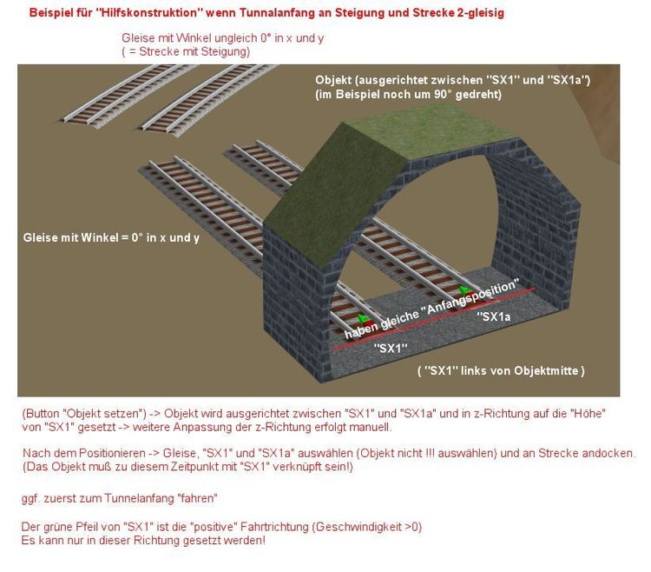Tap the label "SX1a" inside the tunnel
(x=494, y=316)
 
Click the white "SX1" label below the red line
(x=391, y=348)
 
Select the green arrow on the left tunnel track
(x=364, y=319)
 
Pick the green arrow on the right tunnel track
(x=464, y=289)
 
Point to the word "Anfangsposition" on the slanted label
(x=473, y=296)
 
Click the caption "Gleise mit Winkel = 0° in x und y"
(x=111, y=238)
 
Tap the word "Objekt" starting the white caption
(x=333, y=80)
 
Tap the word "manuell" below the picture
(x=370, y=427)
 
